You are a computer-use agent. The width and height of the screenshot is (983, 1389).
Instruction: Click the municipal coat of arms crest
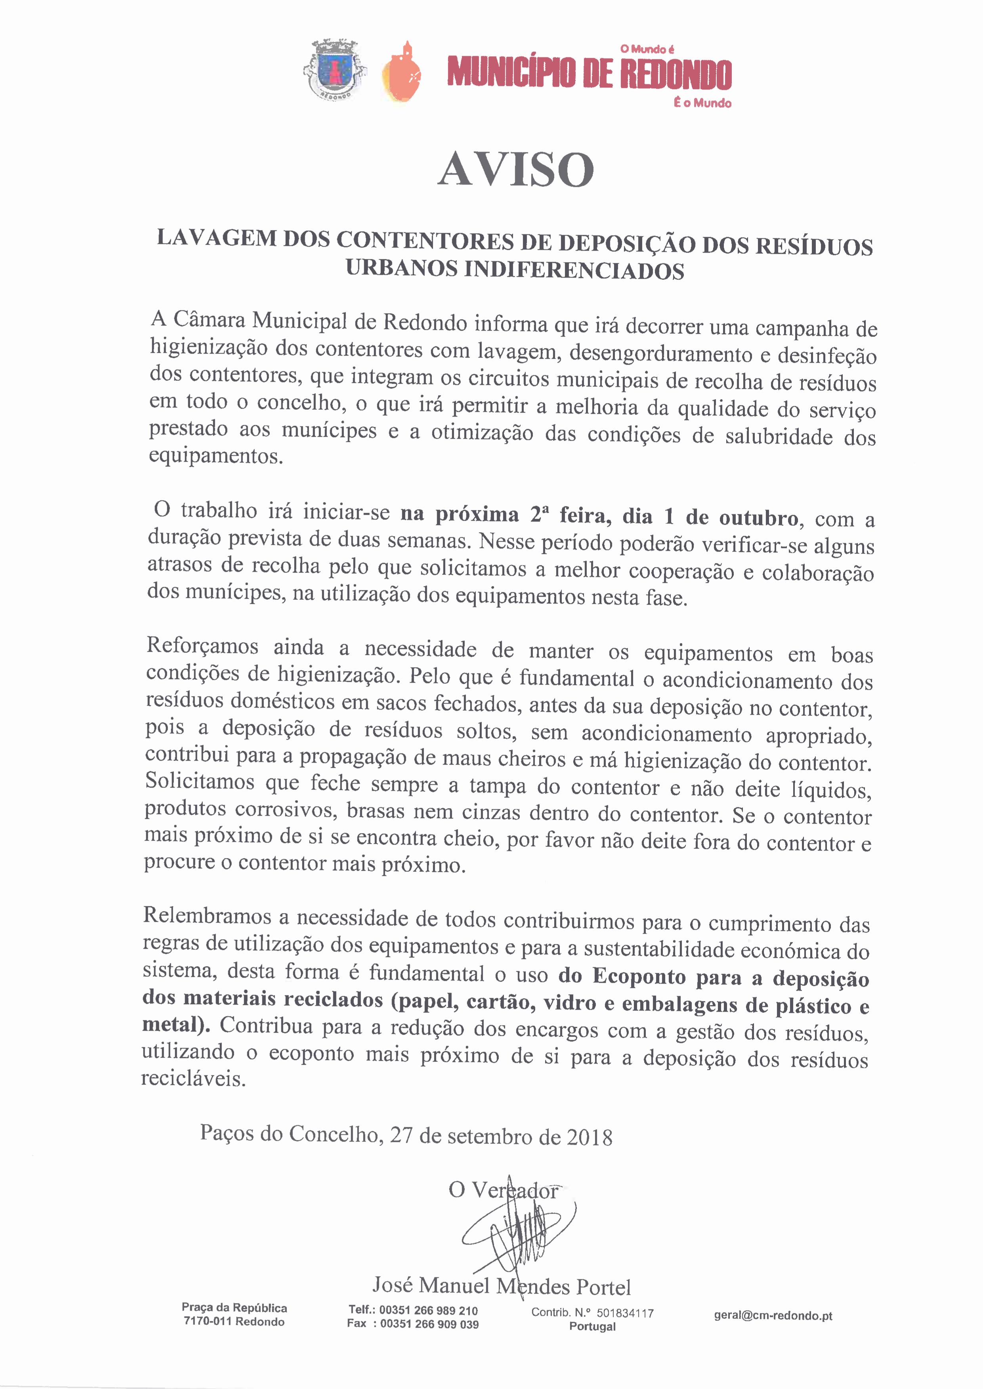coord(334,70)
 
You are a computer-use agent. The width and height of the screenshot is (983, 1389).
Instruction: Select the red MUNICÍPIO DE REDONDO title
coord(589,74)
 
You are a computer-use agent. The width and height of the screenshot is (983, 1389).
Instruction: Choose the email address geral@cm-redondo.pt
coord(773,1316)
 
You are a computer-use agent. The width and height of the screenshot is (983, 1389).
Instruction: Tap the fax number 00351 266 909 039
coord(429,1324)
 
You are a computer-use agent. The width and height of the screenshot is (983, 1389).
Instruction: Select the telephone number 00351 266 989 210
coord(429,1310)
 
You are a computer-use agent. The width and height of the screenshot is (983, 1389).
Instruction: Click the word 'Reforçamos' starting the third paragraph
coord(202,646)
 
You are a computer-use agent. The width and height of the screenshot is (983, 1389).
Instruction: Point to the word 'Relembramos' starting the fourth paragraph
coord(207,916)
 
